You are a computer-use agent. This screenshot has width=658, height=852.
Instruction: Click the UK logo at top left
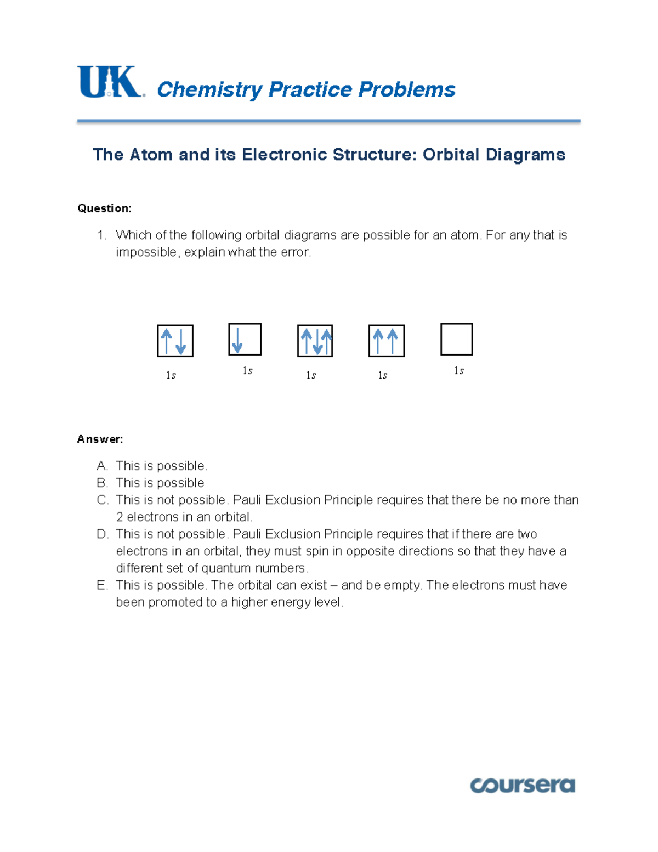[110, 82]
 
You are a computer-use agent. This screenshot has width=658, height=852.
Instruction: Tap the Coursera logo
[522, 785]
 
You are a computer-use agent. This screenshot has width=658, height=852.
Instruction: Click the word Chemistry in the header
[209, 89]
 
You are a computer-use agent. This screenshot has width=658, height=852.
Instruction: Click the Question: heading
[104, 208]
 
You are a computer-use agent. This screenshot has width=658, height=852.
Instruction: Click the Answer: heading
[100, 439]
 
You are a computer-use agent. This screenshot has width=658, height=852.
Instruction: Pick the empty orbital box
[456, 339]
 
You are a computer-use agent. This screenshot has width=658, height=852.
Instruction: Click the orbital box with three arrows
[315, 341]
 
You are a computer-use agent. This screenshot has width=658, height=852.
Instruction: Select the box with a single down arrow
[245, 339]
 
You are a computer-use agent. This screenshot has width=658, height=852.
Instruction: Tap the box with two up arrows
[386, 341]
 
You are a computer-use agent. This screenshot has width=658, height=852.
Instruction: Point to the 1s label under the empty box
[459, 371]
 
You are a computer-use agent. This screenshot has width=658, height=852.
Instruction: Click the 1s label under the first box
[171, 375]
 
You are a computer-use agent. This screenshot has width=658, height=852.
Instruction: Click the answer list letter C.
[102, 500]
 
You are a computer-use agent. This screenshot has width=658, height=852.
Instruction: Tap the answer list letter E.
[102, 585]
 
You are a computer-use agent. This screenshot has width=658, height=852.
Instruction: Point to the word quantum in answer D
[226, 568]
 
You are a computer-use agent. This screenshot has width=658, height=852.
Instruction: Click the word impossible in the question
[146, 252]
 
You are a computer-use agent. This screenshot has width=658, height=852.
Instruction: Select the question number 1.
[101, 235]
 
